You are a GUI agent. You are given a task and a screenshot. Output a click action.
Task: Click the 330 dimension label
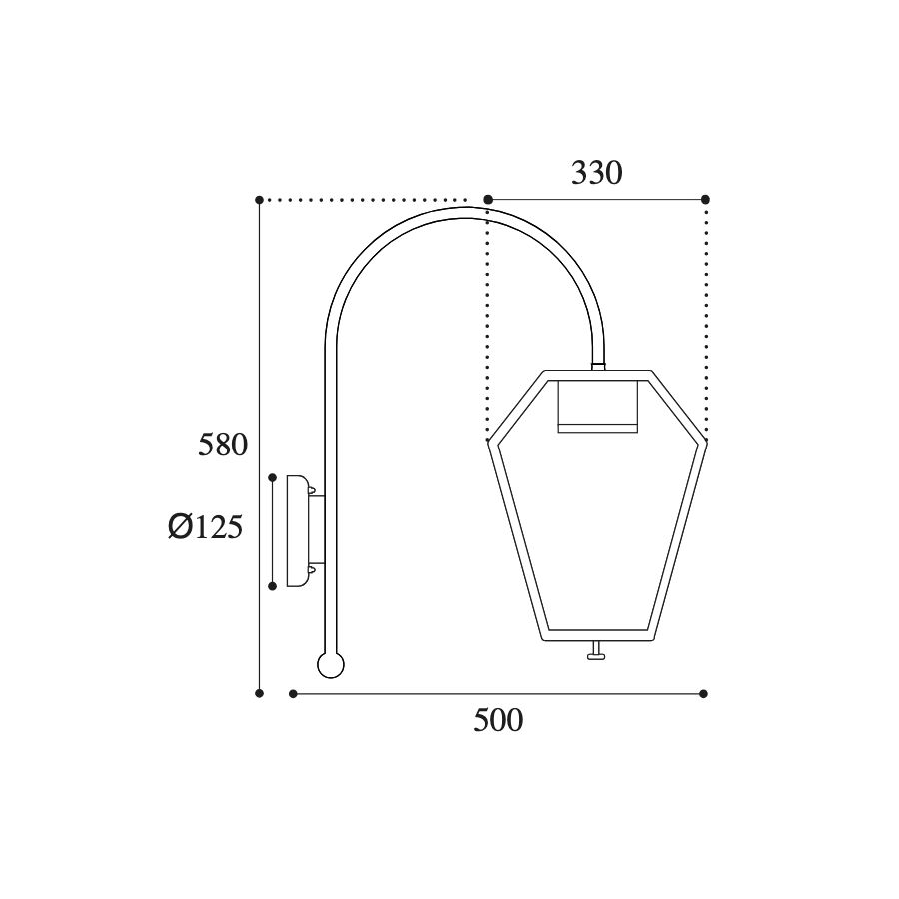coord(596,173)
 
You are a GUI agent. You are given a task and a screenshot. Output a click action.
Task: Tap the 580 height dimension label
coord(223,445)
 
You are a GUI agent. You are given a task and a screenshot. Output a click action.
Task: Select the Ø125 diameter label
coord(205,526)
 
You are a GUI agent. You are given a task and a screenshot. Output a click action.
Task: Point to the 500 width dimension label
coord(498,720)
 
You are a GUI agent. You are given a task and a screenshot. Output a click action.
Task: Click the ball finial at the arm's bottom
coord(331,665)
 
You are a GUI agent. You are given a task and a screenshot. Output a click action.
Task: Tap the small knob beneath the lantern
coord(597,651)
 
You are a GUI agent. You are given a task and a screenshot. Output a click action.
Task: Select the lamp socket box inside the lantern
coord(598,406)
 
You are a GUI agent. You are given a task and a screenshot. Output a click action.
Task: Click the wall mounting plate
coord(297,531)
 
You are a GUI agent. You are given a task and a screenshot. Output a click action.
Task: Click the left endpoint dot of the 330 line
coord(487,200)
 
